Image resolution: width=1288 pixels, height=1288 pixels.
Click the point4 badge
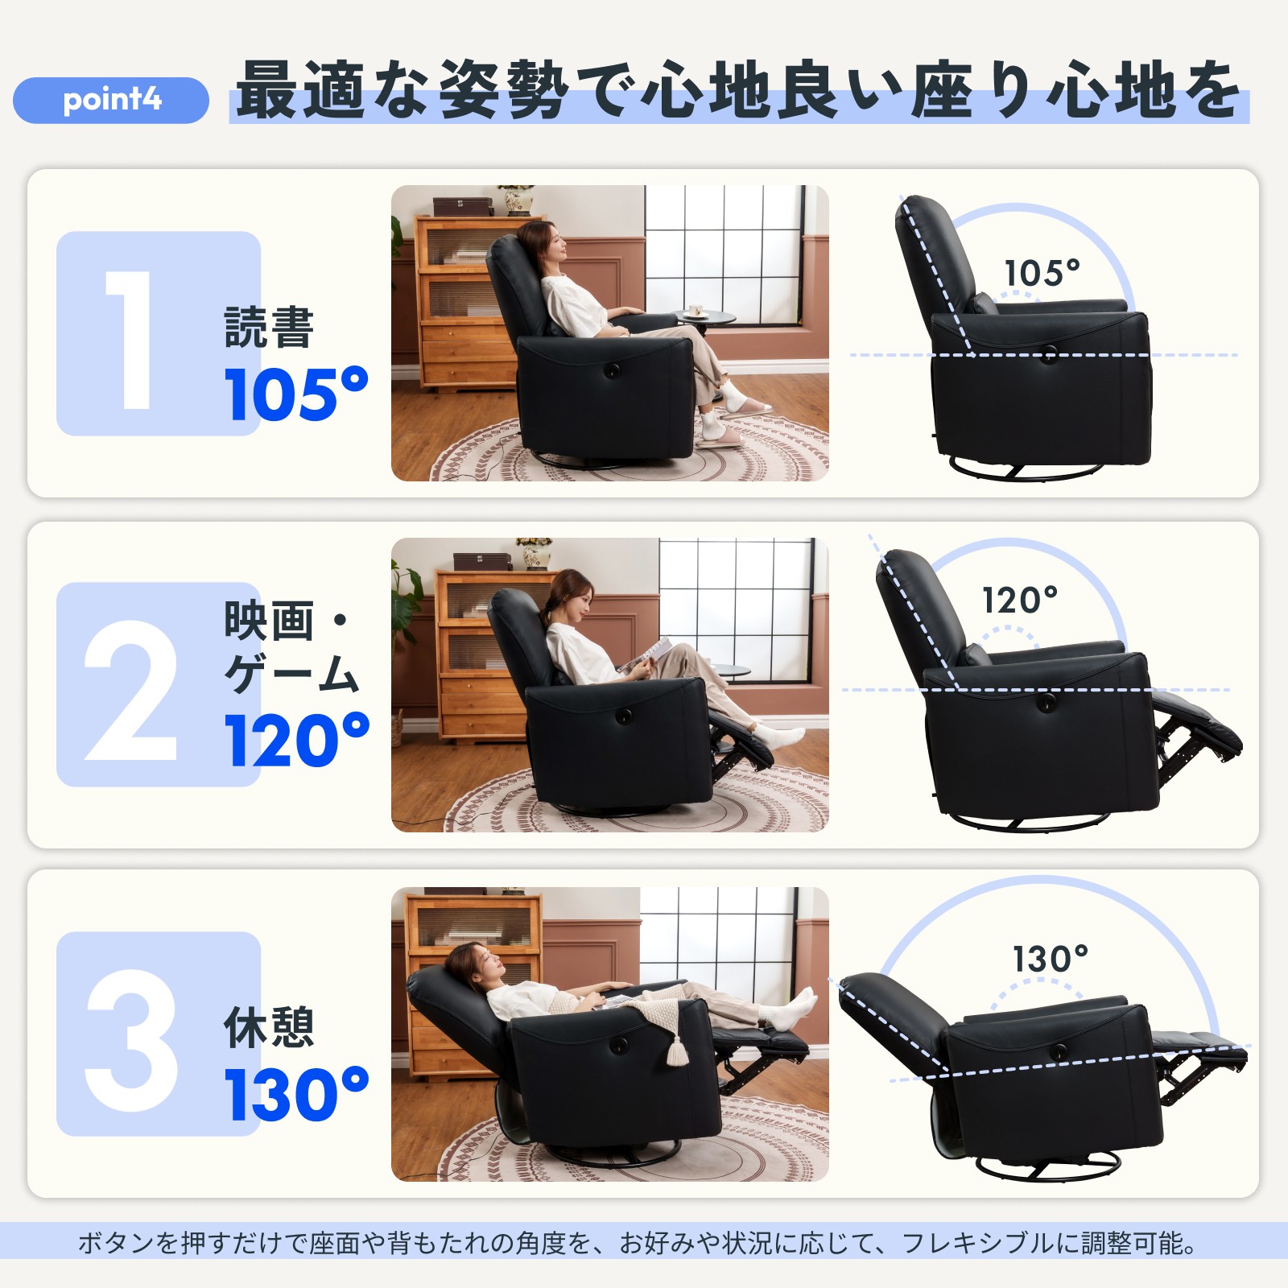coord(111,100)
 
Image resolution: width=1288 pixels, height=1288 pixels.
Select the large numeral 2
coord(130,691)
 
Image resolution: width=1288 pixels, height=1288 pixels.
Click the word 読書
coord(269,328)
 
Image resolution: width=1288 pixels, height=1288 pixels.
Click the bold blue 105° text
coord(295,394)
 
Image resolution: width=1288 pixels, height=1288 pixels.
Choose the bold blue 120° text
coord(296,741)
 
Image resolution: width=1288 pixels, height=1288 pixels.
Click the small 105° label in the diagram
coord(1042,274)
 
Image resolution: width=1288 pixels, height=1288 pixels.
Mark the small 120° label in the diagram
coord(1019,601)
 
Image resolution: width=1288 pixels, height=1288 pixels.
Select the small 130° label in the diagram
coord(1050,960)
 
